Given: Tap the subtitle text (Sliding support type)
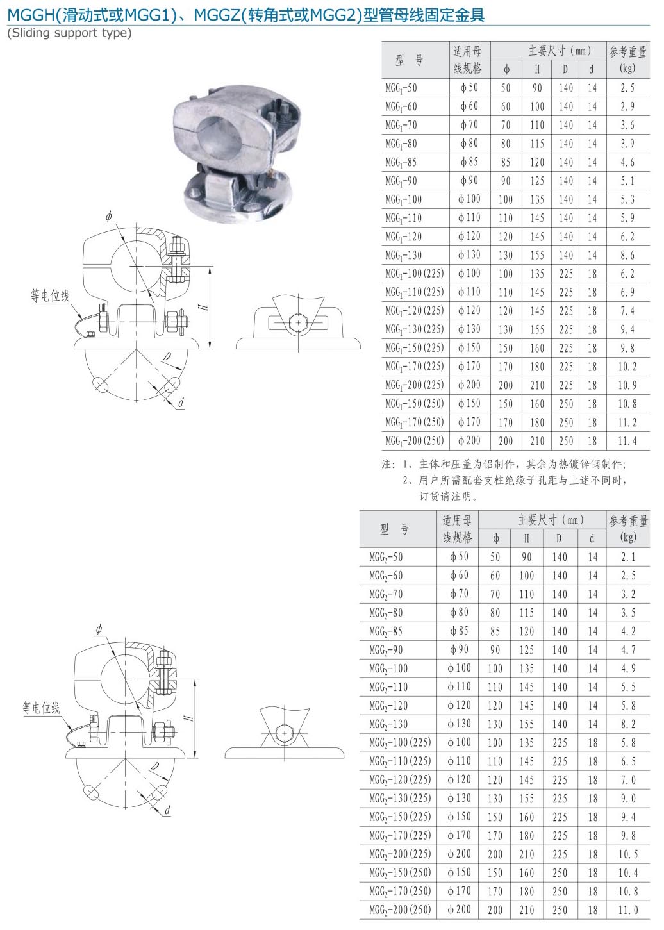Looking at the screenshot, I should pyautogui.click(x=69, y=33).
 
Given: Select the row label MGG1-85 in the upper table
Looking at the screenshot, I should pyautogui.click(x=401, y=162).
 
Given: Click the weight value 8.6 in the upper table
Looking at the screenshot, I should pyautogui.click(x=627, y=255).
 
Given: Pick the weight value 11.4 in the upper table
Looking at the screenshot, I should pyautogui.click(x=627, y=441).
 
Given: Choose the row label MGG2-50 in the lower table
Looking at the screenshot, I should pyautogui.click(x=386, y=557).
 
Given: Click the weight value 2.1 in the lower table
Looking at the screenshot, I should pyautogui.click(x=628, y=557).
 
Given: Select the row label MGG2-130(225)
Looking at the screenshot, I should pyautogui.click(x=400, y=799).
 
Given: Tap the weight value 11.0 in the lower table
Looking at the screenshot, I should pyautogui.click(x=628, y=910).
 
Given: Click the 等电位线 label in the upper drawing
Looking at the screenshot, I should pyautogui.click(x=50, y=295).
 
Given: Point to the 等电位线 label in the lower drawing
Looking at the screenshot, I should pyautogui.click(x=41, y=708).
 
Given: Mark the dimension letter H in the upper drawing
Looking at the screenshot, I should pyautogui.click(x=203, y=307).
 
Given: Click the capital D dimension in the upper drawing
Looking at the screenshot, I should pyautogui.click(x=167, y=357).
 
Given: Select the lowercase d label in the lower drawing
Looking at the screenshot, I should pyautogui.click(x=167, y=810).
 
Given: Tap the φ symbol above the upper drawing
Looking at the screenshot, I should pyautogui.click(x=108, y=217).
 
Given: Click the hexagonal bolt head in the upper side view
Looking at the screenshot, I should pyautogui.click(x=297, y=322).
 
